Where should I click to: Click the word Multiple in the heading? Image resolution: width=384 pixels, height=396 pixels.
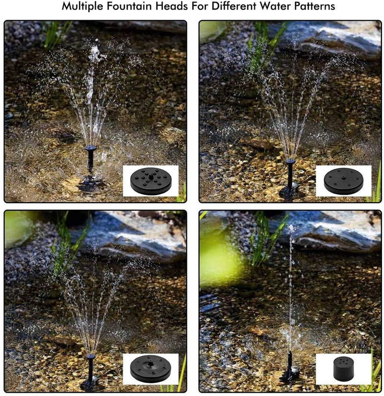83,6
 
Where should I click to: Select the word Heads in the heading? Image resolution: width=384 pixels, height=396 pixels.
171,6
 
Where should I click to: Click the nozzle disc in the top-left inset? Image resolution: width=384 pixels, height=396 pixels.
150,181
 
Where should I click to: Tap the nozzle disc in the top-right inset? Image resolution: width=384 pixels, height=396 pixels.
343,181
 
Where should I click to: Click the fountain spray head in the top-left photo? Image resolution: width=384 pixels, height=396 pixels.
91,147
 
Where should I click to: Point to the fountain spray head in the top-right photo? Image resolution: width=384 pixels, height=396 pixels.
290,161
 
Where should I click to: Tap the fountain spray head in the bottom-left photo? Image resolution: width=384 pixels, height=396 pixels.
91,357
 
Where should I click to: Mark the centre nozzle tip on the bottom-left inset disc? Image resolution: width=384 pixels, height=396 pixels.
151,364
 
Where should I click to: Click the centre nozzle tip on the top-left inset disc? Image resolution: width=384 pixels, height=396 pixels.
151,176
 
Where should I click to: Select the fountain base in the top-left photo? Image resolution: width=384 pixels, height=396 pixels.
90,182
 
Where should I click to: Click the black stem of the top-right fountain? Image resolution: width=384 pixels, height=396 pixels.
290,175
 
